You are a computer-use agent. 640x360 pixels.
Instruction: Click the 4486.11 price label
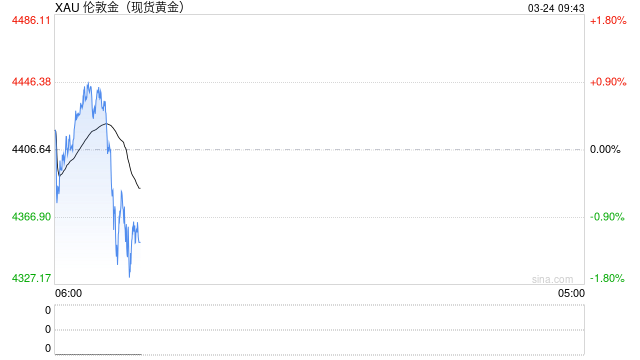coord(31,20)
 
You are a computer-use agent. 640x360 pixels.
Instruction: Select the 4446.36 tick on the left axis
coord(31,82)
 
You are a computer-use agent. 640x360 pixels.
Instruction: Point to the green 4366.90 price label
coord(31,217)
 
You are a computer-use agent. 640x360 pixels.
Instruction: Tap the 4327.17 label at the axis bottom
coord(31,278)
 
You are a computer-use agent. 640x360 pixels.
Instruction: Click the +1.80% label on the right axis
coord(607,20)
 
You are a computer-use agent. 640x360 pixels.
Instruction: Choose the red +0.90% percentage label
coord(607,82)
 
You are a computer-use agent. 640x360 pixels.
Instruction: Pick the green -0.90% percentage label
coord(607,217)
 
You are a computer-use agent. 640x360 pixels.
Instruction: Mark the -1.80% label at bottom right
coord(607,278)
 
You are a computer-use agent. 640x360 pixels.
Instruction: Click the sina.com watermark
coord(552,279)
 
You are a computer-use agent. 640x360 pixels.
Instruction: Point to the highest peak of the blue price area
coord(88,84)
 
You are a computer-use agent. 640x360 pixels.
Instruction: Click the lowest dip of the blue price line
coord(129,275)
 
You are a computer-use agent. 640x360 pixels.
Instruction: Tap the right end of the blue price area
coord(140,250)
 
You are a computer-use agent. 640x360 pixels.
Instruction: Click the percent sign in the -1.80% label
coord(620,278)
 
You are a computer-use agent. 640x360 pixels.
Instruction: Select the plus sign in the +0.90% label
coord(593,82)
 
